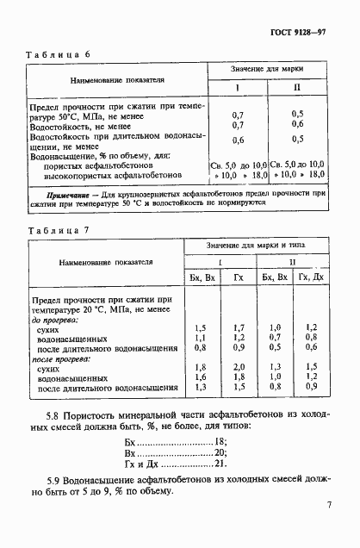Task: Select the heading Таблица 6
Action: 59,53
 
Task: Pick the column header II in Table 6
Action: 297,88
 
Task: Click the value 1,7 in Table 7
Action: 239,327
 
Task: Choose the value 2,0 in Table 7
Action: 239,367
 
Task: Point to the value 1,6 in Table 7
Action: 200,377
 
